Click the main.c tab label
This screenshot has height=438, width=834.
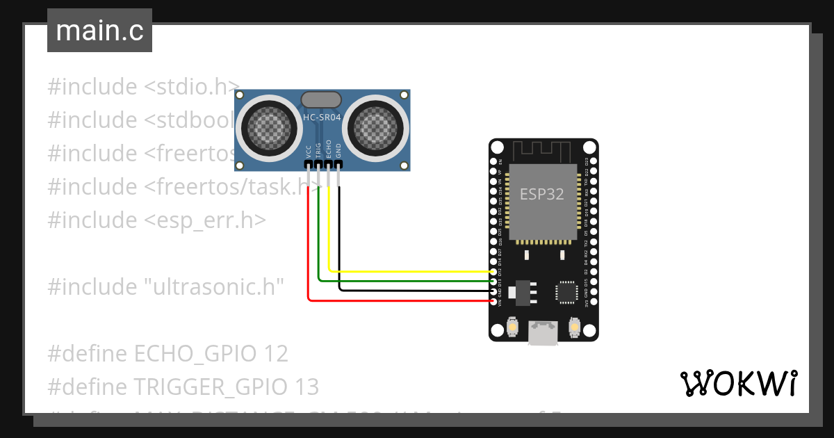tap(99, 31)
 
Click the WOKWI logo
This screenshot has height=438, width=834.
tap(738, 383)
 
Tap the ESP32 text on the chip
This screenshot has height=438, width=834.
tap(542, 194)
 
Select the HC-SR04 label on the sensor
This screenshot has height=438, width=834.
tap(322, 117)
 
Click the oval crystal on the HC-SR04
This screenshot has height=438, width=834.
tap(322, 99)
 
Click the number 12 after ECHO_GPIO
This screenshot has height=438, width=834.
tap(276, 353)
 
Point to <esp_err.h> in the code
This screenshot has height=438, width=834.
tap(205, 220)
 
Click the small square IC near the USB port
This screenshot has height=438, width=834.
tap(566, 292)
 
